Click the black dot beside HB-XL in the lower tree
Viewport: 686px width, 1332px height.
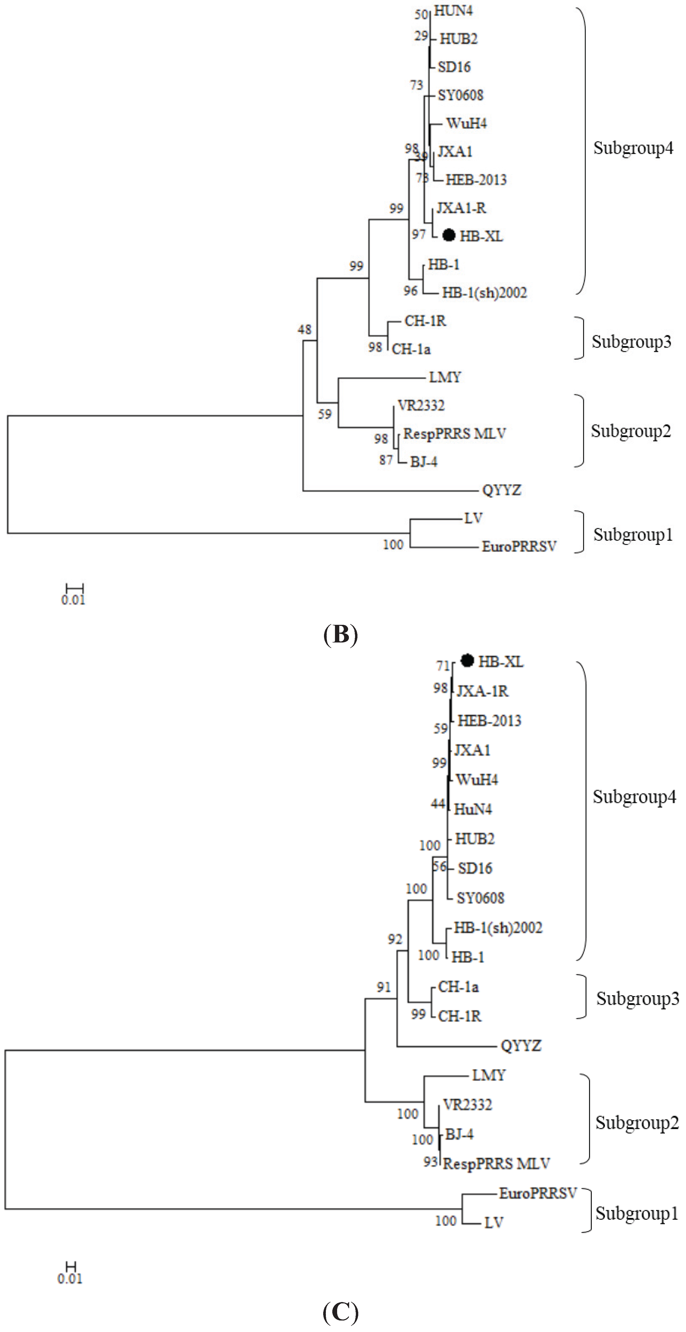point(467,660)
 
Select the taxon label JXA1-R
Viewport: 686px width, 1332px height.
point(461,208)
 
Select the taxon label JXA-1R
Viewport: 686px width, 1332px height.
point(482,691)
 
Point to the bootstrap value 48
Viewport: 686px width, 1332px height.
point(305,329)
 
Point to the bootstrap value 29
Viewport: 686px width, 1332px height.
point(421,36)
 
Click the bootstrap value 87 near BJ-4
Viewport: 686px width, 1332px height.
point(386,460)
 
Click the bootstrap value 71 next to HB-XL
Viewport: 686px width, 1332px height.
point(443,665)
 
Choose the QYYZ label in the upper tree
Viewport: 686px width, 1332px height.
point(501,490)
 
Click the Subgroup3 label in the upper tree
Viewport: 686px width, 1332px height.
point(631,342)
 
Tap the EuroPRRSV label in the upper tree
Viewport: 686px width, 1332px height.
point(519,546)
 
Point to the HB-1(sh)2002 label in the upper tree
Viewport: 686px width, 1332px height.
point(484,293)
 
